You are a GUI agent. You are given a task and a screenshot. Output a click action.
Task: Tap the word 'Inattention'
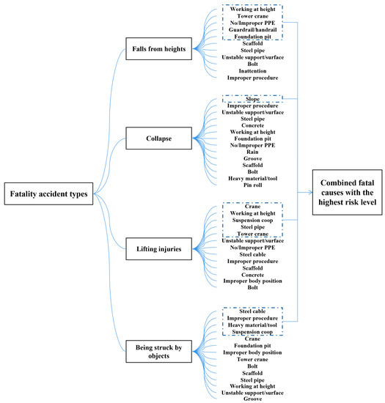[252, 70]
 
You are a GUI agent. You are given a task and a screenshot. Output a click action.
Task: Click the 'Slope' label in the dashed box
[252, 99]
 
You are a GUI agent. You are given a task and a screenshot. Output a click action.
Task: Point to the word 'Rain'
[252, 151]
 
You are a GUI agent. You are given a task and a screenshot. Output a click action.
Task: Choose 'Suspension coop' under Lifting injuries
[252, 220]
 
